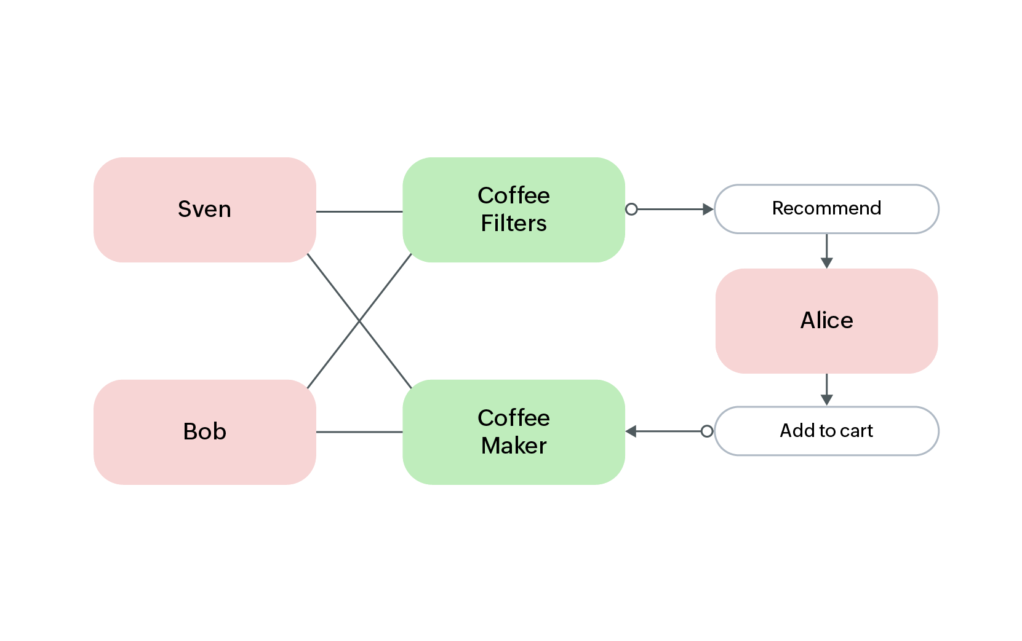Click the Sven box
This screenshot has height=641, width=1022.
(x=204, y=210)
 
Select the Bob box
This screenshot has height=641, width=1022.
(x=204, y=431)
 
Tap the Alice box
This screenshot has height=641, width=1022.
(x=826, y=320)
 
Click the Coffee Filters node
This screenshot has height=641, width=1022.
(x=514, y=210)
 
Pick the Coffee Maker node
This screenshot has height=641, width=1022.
(x=514, y=431)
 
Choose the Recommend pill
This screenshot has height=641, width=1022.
(x=826, y=209)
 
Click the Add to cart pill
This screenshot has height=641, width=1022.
(x=826, y=431)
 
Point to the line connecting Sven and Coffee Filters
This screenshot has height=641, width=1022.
(x=359, y=211)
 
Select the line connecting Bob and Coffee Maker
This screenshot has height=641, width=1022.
(x=359, y=432)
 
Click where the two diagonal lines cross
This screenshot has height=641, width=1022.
(x=359, y=321)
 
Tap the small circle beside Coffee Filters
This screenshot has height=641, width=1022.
(x=631, y=210)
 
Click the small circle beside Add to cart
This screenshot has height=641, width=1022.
(x=707, y=431)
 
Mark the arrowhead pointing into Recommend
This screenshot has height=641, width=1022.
(x=708, y=210)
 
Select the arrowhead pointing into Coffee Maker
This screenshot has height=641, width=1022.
(x=631, y=431)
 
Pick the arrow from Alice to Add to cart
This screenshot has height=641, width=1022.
(x=827, y=388)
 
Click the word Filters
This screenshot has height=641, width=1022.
(x=514, y=224)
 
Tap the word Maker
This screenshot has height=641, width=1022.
(x=514, y=446)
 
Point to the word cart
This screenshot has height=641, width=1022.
(x=856, y=431)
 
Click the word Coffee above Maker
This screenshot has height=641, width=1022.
(x=514, y=418)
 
